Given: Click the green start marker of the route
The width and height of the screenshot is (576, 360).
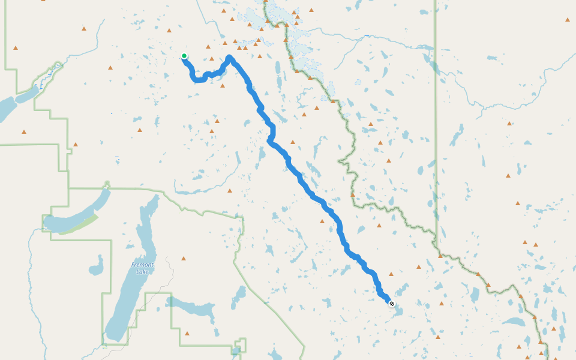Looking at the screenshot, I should point(184,56).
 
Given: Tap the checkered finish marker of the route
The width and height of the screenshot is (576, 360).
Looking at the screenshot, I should point(392,304).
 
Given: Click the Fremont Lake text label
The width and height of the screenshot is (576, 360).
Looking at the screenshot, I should point(143,268).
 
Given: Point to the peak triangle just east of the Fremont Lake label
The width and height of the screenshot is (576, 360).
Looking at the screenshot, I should point(184,259).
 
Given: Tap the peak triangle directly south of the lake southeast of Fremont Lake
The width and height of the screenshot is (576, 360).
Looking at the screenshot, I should point(187,334).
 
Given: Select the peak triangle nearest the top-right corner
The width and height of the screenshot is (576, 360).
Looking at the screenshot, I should point(568,20).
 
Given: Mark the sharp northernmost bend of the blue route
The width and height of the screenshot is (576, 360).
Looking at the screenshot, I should point(229,58).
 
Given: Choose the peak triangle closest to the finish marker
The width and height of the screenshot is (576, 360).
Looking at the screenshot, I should point(391,274).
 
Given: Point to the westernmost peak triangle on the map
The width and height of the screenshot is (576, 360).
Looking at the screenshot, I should point(16,48).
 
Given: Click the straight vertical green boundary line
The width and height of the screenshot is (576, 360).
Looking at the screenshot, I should point(436,120).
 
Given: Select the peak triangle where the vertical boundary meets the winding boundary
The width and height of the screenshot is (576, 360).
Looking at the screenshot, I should point(440,256).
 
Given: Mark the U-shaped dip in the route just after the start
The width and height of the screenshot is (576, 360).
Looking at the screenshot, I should point(197,79).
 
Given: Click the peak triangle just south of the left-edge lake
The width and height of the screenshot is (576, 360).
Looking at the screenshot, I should point(24,132).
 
